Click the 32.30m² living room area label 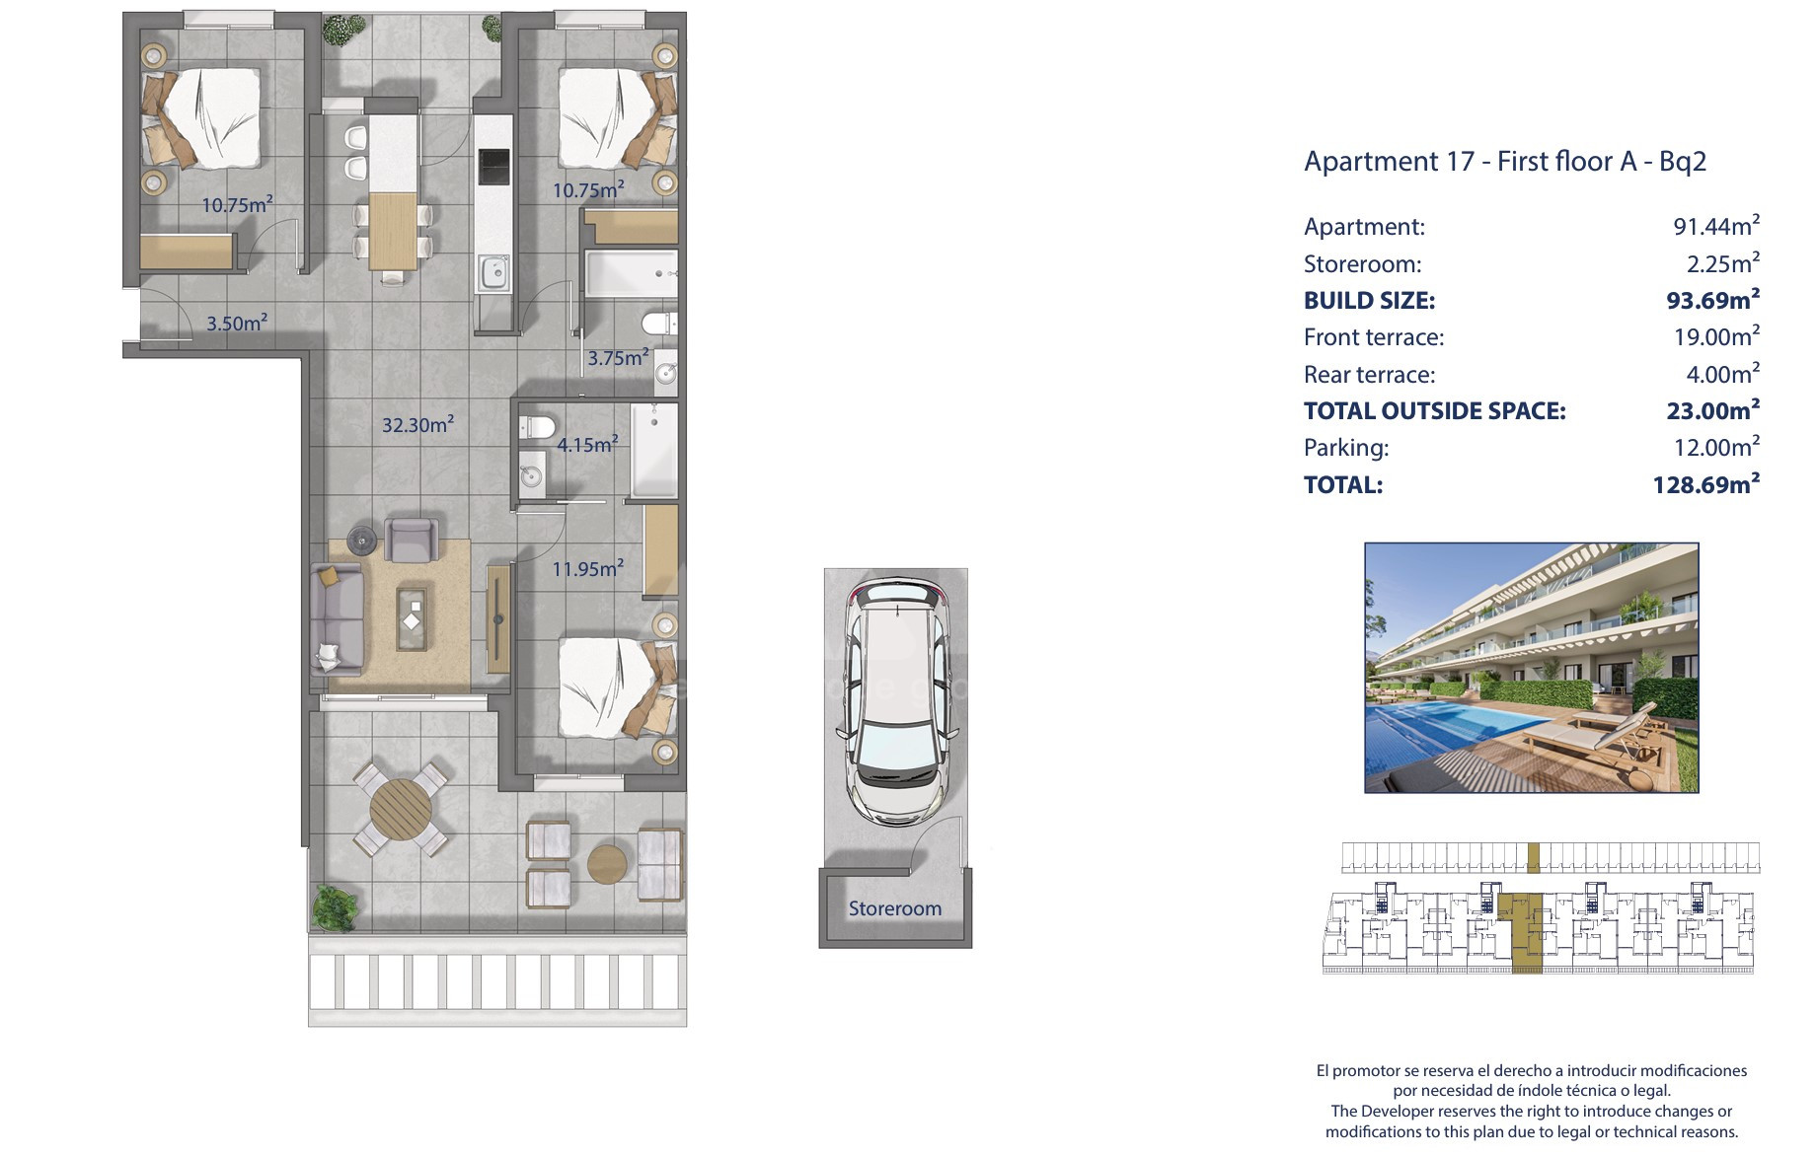pyautogui.click(x=417, y=424)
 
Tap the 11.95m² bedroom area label pyautogui.click(x=587, y=568)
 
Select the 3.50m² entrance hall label pyautogui.click(x=237, y=323)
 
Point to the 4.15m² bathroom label pyautogui.click(x=587, y=444)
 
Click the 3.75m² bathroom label pyautogui.click(x=618, y=357)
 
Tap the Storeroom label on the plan pyautogui.click(x=895, y=908)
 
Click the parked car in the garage pyautogui.click(x=896, y=701)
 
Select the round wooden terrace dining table pyautogui.click(x=401, y=809)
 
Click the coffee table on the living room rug pyautogui.click(x=413, y=618)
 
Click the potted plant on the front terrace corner pyautogui.click(x=334, y=907)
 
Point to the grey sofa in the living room pyautogui.click(x=338, y=618)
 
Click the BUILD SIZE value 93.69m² pyautogui.click(x=1712, y=300)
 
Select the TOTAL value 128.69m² pyautogui.click(x=1706, y=484)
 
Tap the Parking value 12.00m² pyautogui.click(x=1716, y=447)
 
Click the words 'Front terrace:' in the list pyautogui.click(x=1374, y=337)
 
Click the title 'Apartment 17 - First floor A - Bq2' pyautogui.click(x=1505, y=161)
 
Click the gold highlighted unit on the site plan pyautogui.click(x=1526, y=932)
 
